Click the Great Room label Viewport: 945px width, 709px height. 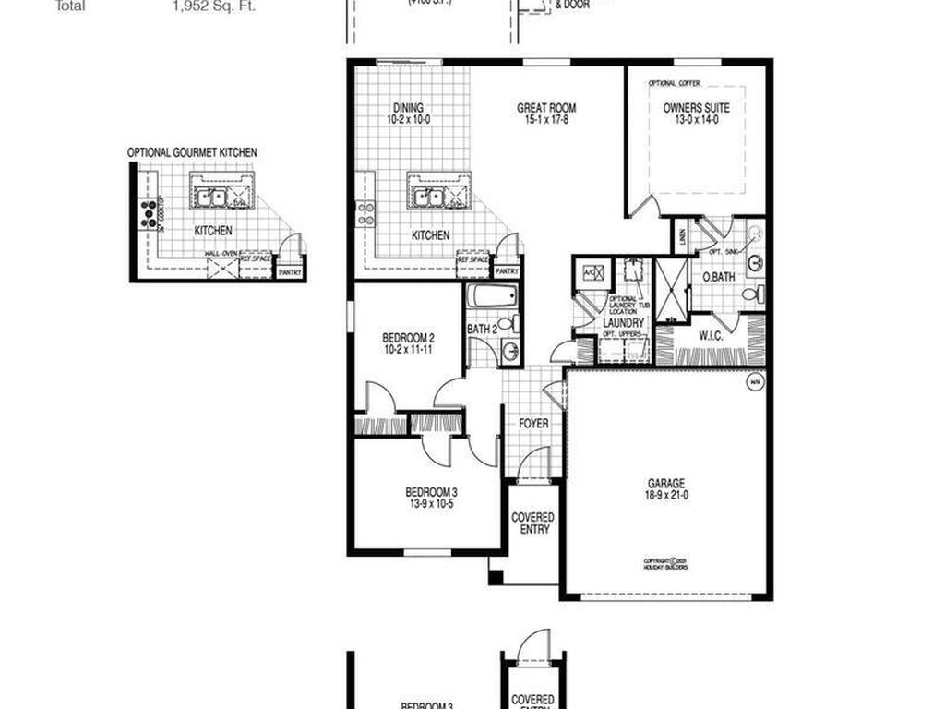546,108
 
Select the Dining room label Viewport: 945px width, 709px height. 408,107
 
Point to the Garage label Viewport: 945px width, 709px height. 665,483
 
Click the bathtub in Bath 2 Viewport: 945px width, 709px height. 488,297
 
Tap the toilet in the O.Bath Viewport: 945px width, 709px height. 751,294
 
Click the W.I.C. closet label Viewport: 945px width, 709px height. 710,335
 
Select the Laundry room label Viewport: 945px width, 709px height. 624,323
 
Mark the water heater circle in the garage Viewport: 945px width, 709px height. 754,382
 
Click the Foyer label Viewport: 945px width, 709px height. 533,424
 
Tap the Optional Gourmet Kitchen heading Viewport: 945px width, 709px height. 192,152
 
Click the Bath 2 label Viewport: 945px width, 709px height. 482,329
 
